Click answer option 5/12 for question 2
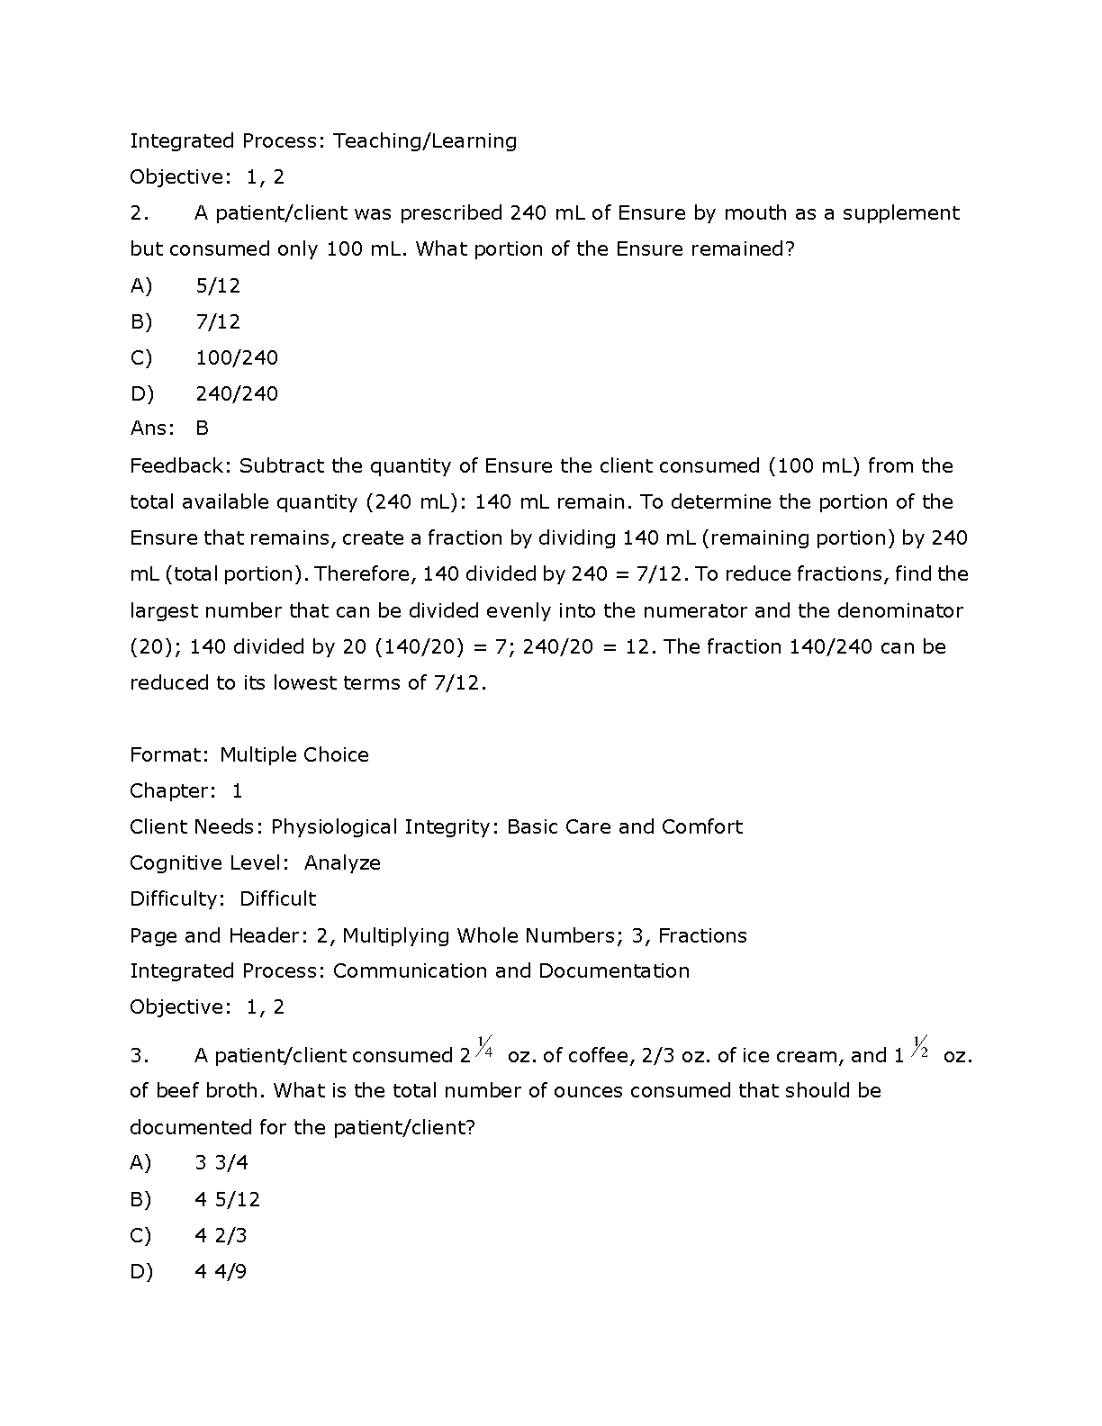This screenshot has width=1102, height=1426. pos(218,285)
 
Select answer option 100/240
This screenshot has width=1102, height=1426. pos(237,357)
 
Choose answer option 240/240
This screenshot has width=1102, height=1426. pos(237,393)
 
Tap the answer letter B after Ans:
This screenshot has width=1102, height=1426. pos(202,429)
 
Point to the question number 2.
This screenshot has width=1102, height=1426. pos(138,213)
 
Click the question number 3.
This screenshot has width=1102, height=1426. pos(138,1055)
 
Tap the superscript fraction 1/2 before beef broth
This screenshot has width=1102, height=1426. pos(920,1047)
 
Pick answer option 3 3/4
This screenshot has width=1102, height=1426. pos(221,1163)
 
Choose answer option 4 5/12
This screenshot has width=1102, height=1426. pos(228,1199)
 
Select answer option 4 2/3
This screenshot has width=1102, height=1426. pos(221,1235)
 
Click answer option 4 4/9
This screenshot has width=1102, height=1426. pos(221,1271)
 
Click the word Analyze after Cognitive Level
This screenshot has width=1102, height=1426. pos(342,862)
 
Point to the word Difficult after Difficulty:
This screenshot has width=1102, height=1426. pos(277,898)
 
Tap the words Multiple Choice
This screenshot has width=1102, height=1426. pos(294,754)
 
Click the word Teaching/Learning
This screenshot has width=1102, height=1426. pos(425,141)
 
